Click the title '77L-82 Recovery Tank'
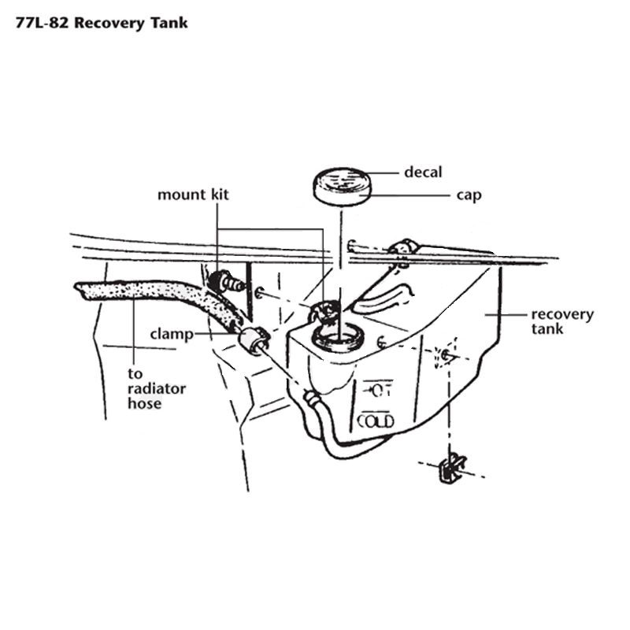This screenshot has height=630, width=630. click(102, 23)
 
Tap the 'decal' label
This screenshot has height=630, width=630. click(423, 172)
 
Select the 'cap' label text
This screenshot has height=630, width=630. click(469, 195)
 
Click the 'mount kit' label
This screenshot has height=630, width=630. click(193, 195)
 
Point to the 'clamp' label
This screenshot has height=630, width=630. click(172, 334)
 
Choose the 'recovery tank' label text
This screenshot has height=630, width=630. click(562, 321)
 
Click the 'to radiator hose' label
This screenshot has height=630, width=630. click(157, 388)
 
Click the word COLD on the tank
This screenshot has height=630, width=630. click(376, 421)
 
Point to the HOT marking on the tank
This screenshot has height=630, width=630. click(378, 390)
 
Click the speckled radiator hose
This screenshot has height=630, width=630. click(157, 297)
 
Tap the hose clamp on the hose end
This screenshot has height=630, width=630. click(253, 340)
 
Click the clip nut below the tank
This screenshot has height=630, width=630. click(452, 469)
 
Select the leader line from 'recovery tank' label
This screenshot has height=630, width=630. click(506, 315)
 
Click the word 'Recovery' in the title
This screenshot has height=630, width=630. click(109, 24)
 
